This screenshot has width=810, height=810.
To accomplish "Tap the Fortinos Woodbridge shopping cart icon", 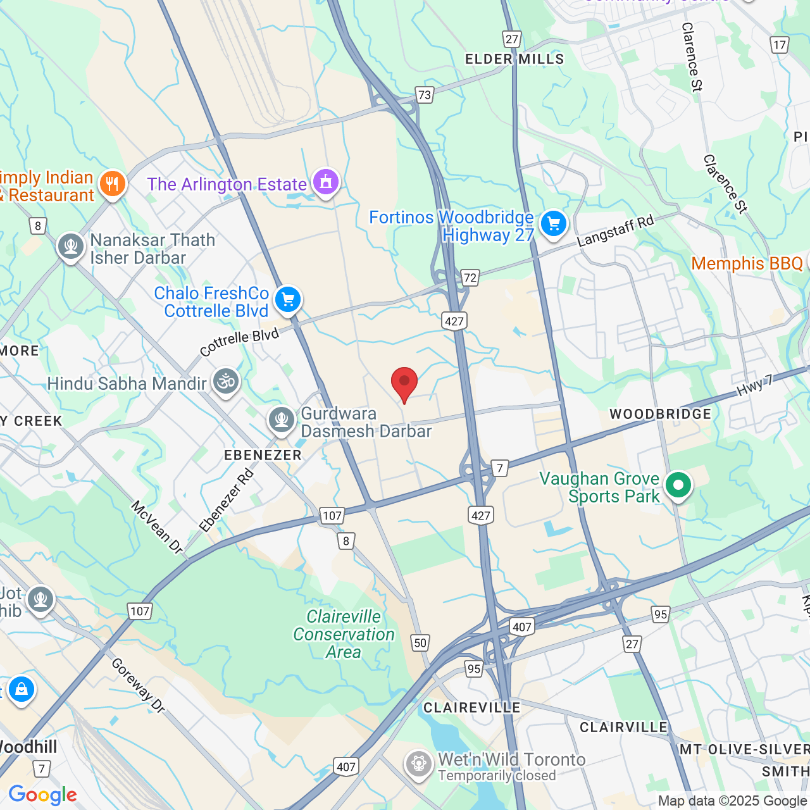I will (554, 223).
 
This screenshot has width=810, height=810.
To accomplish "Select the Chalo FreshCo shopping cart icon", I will (288, 299).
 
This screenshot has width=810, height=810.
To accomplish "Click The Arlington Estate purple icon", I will (326, 182).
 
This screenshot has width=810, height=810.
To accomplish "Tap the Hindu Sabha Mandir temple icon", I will (225, 381).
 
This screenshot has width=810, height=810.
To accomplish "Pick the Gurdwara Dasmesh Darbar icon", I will (281, 420).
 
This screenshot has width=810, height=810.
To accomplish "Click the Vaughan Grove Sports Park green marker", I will (678, 485).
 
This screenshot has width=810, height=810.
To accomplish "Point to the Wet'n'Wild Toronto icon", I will (418, 764).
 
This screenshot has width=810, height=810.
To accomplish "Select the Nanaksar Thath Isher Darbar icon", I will (70, 247).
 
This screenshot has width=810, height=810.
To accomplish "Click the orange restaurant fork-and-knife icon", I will (113, 184).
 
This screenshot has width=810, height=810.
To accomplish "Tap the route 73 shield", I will (424, 95).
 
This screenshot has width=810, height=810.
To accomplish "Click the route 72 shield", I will (470, 277).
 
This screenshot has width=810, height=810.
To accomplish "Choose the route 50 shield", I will (420, 643).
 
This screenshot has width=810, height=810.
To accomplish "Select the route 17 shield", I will (779, 45).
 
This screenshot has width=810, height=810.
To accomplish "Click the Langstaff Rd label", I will (615, 231).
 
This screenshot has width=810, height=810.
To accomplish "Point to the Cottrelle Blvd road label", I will (239, 342).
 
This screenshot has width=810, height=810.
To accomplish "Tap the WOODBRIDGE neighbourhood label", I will (660, 414).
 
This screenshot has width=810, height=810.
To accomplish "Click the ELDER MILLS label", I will (514, 59).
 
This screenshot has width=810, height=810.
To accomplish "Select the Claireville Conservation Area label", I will (344, 634).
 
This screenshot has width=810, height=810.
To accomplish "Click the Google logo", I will (42, 795).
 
